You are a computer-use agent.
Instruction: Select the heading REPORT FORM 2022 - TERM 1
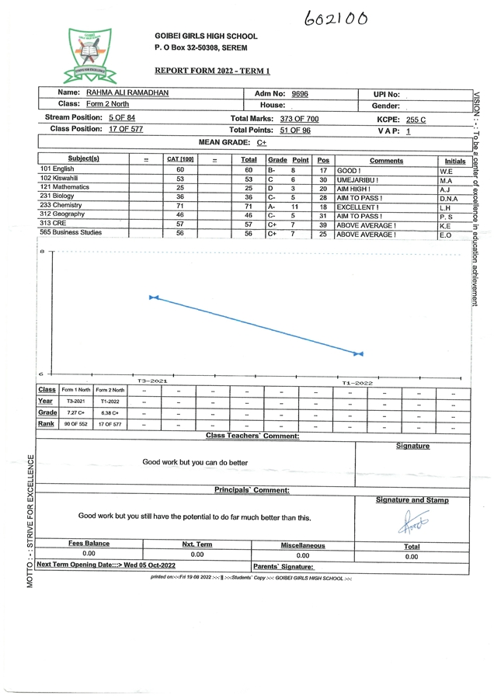(212, 70)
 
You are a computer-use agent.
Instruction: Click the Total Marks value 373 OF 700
(299, 120)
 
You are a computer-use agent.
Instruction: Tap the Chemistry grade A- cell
(271, 206)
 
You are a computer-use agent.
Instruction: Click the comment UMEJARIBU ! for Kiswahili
(357, 179)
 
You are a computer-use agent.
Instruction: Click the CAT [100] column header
(180, 160)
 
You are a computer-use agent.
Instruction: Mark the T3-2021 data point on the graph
(153, 297)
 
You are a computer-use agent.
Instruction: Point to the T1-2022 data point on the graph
(358, 354)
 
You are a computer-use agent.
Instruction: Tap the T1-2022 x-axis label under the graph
(357, 383)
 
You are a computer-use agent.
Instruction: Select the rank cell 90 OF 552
(76, 424)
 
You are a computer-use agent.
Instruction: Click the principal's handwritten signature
(411, 523)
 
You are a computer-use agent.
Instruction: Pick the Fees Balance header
(89, 544)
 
